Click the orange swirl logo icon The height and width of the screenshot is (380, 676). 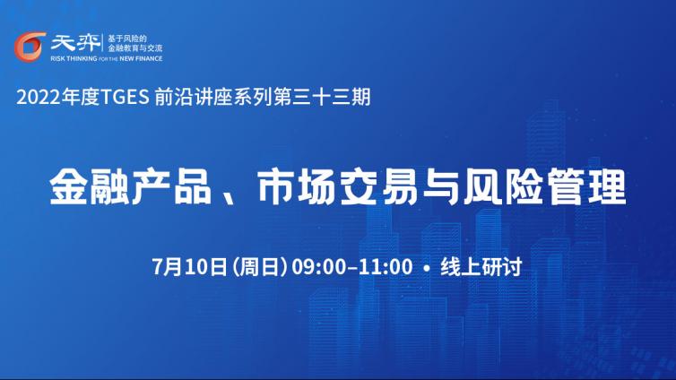pyautogui.click(x=30, y=47)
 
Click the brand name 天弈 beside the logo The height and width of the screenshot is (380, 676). pyautogui.click(x=75, y=42)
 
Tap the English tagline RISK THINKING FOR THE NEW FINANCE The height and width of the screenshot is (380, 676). pyautogui.click(x=107, y=58)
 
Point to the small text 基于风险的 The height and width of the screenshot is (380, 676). pyautogui.click(x=127, y=39)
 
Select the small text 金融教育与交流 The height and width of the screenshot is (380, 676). pyautogui.click(x=135, y=48)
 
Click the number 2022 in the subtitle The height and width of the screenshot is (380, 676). pyautogui.click(x=39, y=98)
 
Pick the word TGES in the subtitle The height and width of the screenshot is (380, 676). pyautogui.click(x=125, y=98)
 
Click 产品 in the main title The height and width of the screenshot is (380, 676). pyautogui.click(x=171, y=187)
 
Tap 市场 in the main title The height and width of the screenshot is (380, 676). pyautogui.click(x=297, y=187)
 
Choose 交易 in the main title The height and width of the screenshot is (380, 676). pyautogui.click(x=379, y=187)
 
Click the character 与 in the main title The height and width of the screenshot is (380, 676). pyautogui.click(x=440, y=187)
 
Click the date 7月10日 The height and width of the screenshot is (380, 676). pyautogui.click(x=189, y=266)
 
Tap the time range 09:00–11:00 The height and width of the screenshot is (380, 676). pyautogui.click(x=351, y=267)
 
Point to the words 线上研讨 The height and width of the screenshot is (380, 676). pyautogui.click(x=481, y=266)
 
